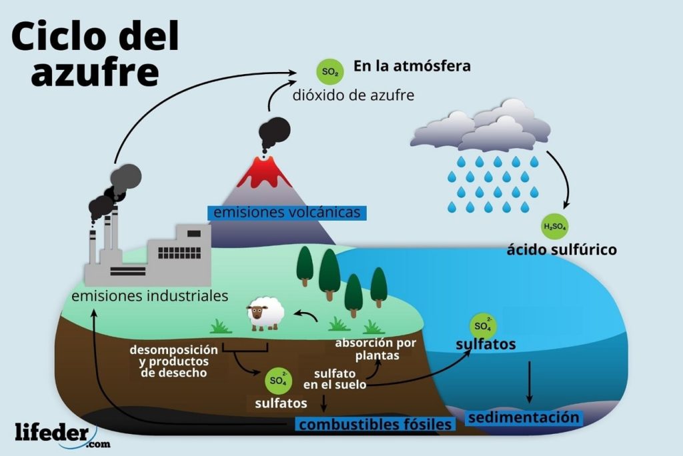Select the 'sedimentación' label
[x=523, y=418]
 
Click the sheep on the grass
[x=265, y=313]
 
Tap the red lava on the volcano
[x=265, y=174]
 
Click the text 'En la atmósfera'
[x=412, y=66]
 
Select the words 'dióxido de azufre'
[x=353, y=95]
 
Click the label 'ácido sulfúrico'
[x=561, y=250]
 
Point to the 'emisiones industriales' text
[x=150, y=295]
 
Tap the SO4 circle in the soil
[x=278, y=381]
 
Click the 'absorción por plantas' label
[x=376, y=349]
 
